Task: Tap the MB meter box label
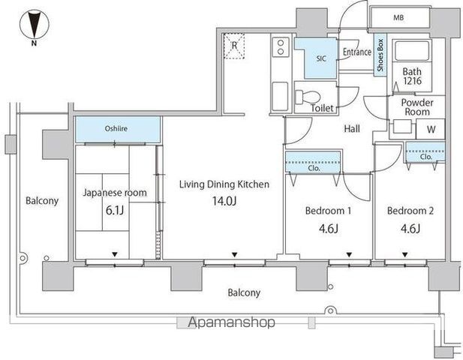coord(398,18)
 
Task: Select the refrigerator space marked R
coord(234,46)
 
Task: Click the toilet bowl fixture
coord(308,97)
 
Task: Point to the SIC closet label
coord(321,58)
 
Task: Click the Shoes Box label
coord(380,55)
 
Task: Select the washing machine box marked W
coord(430,129)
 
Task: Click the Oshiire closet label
coord(116,128)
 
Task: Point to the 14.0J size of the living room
coord(224,201)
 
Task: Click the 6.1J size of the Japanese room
coord(115,211)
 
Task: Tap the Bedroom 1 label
coord(328,211)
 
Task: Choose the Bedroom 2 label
coord(410,211)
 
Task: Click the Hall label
coord(352,129)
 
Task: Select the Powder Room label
coord(417,107)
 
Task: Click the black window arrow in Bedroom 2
coord(404,254)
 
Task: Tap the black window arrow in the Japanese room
coord(115,254)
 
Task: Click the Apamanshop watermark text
coord(231,322)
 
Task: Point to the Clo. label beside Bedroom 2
coord(425,157)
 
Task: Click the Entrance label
coord(357,52)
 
